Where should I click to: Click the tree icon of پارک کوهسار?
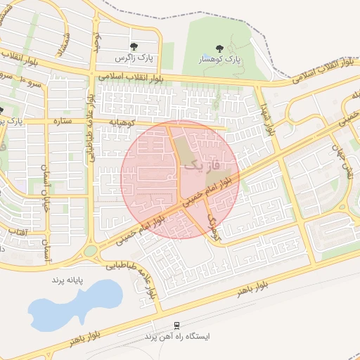pos(220,49)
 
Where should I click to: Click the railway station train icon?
pos(176,326)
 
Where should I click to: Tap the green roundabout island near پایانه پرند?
pos(91,251)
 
